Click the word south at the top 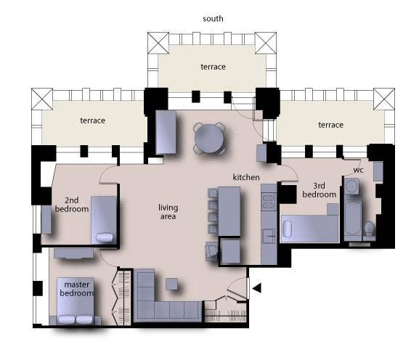(x=213, y=18)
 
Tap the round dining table (x=209, y=137)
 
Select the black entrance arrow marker (x=256, y=289)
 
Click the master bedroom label (x=76, y=289)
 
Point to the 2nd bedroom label (x=71, y=204)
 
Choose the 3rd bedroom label (x=319, y=189)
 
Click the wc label (x=358, y=170)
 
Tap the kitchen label (x=246, y=177)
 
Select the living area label (x=168, y=212)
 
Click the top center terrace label (x=213, y=67)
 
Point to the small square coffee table (x=172, y=284)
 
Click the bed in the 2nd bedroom (x=104, y=220)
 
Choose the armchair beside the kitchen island (x=212, y=250)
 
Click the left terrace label (x=92, y=120)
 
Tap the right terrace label (x=330, y=125)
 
